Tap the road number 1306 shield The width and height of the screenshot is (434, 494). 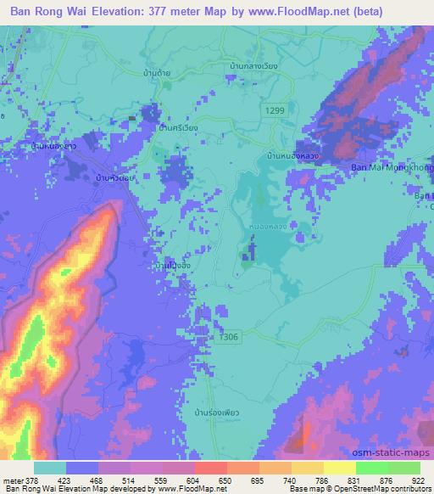[x=225, y=336]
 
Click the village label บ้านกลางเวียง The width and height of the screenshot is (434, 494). [x=254, y=65]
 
